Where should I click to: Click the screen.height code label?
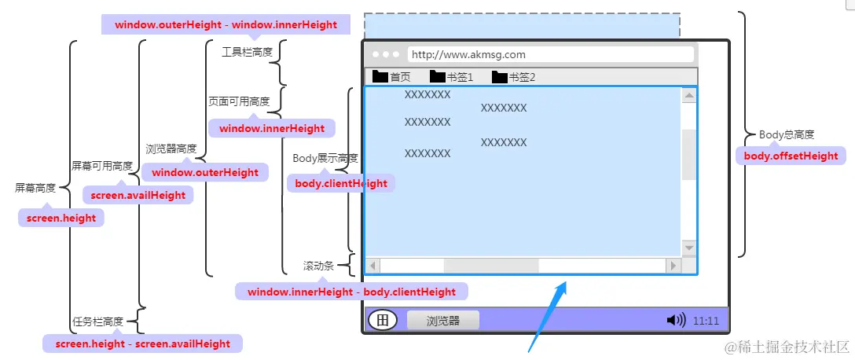(61, 219)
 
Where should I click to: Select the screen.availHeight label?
(138, 195)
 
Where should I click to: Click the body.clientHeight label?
(341, 183)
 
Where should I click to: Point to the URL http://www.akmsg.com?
(468, 54)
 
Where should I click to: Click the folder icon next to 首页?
(380, 77)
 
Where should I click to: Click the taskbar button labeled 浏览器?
(442, 320)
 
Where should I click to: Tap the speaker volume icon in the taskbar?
(676, 320)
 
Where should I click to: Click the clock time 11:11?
(706, 321)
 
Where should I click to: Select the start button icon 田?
(383, 320)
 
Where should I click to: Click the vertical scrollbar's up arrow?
(688, 96)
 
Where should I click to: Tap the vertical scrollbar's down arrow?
(688, 248)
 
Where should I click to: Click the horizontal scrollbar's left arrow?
(373, 266)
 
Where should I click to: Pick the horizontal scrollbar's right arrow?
(673, 266)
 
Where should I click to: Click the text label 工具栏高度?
(247, 53)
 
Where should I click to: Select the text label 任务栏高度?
(98, 321)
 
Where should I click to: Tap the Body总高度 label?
(787, 134)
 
